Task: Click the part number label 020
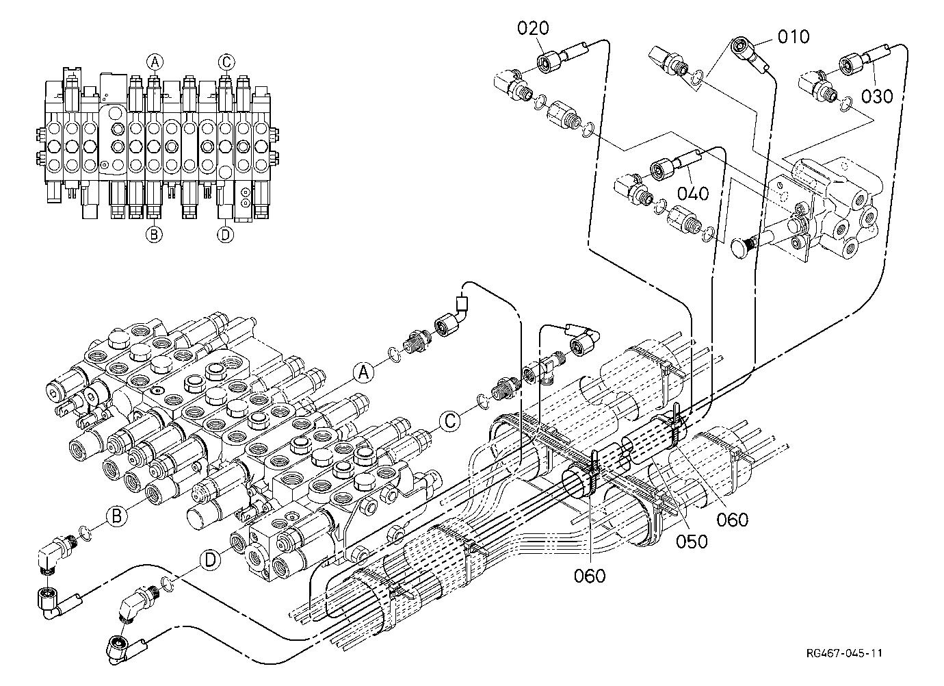pos(533,28)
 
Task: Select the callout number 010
pos(794,37)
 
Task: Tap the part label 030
pos(877,97)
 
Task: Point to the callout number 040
pos(693,193)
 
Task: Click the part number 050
pos(692,542)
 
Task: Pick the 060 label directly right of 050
pos(733,520)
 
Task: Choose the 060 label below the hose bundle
pos(590,576)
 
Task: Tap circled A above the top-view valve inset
pos(155,62)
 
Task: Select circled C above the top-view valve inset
pos(226,62)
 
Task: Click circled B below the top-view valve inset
pos(154,233)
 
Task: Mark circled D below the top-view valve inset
pos(226,234)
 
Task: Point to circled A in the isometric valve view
pos(363,373)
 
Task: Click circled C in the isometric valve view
pos(449,421)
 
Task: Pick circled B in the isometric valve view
pos(117,516)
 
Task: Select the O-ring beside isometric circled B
pos(84,533)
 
